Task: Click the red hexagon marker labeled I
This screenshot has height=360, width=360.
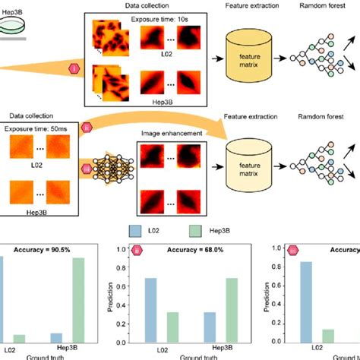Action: [74, 68]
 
